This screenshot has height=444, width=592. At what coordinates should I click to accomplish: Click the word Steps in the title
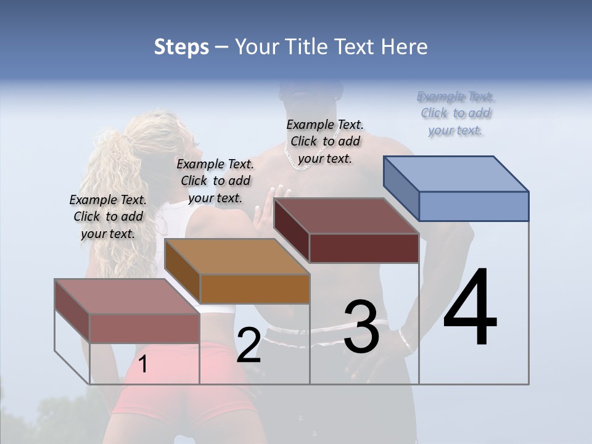(x=181, y=47)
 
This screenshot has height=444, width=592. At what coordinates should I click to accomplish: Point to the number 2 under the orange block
(x=249, y=345)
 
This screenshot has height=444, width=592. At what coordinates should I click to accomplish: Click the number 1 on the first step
(x=143, y=364)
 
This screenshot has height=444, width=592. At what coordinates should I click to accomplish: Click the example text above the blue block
(x=456, y=113)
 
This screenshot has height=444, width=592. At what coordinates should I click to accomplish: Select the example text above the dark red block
(x=325, y=141)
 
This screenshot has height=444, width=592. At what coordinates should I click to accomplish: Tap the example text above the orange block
(x=215, y=181)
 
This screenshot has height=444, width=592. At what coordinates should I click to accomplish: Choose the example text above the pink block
(x=108, y=216)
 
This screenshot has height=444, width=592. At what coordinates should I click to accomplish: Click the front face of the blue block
(x=474, y=206)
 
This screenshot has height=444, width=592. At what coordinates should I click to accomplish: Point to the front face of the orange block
(x=255, y=289)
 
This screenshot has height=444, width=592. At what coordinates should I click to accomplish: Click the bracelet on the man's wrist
(x=405, y=340)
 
